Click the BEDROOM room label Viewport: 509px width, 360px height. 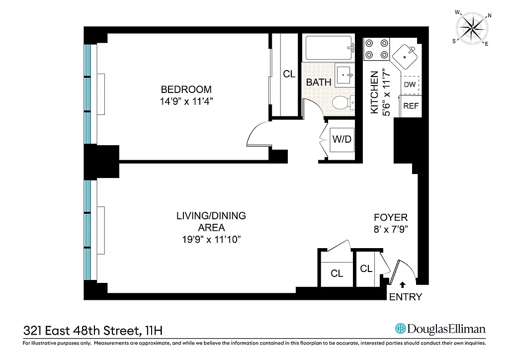(186, 90)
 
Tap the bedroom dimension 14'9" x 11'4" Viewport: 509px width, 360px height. (186, 100)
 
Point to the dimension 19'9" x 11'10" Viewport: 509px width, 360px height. (211, 240)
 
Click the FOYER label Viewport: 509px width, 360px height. (391, 217)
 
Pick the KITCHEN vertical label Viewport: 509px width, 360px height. (376, 92)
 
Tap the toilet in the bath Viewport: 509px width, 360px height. (343, 103)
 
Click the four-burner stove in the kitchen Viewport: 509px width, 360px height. (377, 48)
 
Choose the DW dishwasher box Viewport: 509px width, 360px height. (410, 85)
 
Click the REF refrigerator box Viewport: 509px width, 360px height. (410, 105)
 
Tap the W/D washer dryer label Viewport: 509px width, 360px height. (341, 139)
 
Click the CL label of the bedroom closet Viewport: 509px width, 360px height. (289, 74)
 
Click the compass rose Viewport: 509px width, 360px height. (472, 26)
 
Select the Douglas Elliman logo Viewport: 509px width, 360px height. (439, 329)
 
